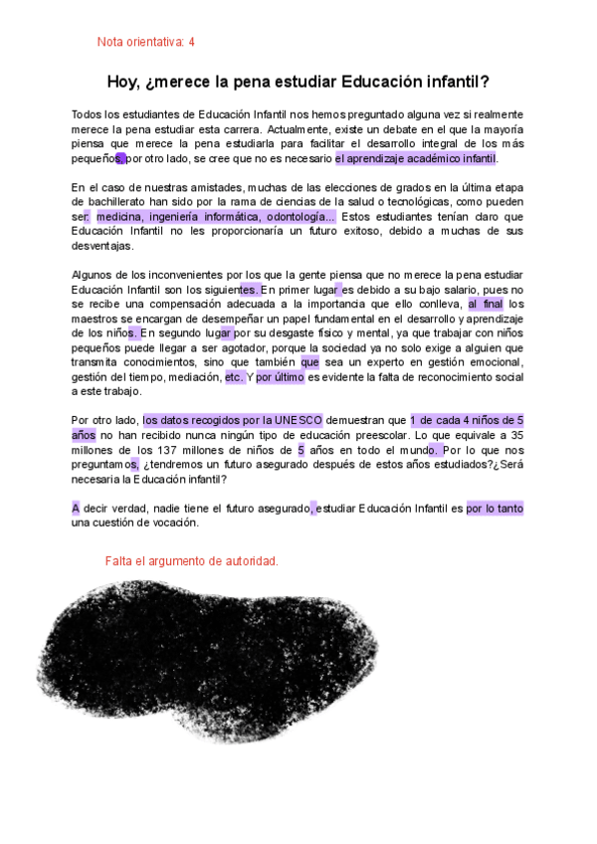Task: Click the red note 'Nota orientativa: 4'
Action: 145,42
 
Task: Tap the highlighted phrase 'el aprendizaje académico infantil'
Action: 415,159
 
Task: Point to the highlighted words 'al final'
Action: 486,304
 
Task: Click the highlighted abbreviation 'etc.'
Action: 234,377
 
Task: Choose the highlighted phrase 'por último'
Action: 281,377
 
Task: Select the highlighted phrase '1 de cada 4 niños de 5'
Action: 467,420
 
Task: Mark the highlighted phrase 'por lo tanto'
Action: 495,509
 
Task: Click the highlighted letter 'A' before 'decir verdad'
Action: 76,509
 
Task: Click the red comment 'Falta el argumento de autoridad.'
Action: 191,561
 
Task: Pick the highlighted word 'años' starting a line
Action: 84,435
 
